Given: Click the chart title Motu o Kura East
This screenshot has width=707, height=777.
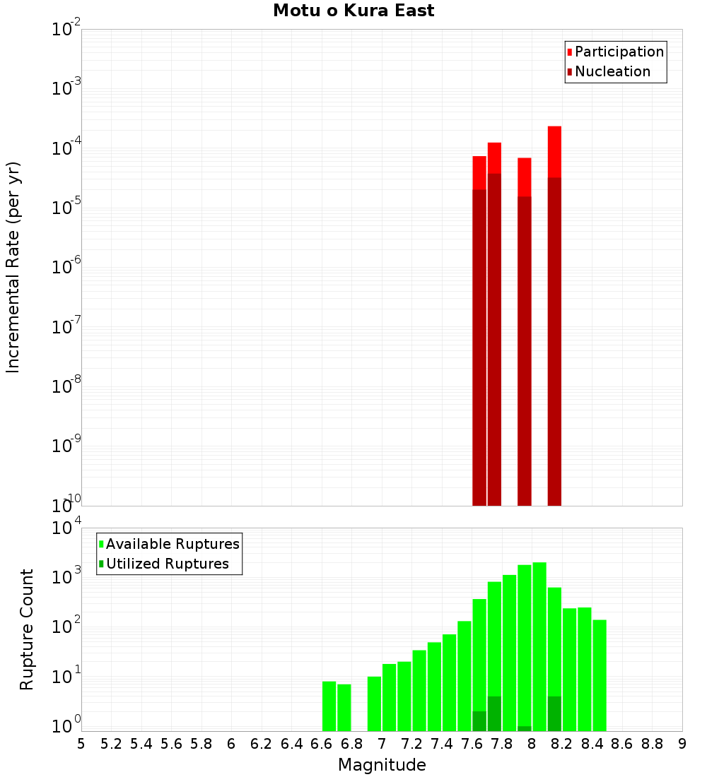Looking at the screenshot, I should coord(353,11).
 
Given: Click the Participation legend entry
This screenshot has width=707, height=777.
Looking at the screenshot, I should coord(615,52).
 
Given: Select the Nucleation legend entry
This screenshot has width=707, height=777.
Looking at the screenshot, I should coord(608,71).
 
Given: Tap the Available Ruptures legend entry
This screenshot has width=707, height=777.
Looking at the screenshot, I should coord(169,544).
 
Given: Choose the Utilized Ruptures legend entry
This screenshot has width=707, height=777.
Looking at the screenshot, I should coord(163,564).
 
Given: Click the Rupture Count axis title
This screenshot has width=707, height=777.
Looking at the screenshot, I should coord(27,629).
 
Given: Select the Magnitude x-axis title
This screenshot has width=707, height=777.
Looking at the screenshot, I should coord(382,765).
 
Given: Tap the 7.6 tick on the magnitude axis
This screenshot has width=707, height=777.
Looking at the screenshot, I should coord(472,743).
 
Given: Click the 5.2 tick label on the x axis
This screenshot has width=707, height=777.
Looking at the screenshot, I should coord(111,743).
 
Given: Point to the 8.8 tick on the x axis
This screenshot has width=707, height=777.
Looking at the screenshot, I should coord(652,743).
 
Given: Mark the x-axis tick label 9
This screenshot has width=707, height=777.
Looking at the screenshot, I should coord(682,743).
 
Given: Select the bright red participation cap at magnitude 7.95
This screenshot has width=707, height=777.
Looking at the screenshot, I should coord(525,177).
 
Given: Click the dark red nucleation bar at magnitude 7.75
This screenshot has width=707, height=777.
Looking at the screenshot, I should coord(494,339).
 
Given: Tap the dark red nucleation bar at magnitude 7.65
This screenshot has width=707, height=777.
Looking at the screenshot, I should coord(479,346).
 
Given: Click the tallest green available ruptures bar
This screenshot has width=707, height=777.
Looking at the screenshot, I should coord(539,636).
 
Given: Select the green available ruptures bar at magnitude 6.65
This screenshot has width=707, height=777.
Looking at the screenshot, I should coord(329,706).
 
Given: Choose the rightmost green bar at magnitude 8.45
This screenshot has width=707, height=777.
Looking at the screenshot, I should coord(600,675).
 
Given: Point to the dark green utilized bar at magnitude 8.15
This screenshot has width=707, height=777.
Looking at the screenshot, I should coord(554,713).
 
